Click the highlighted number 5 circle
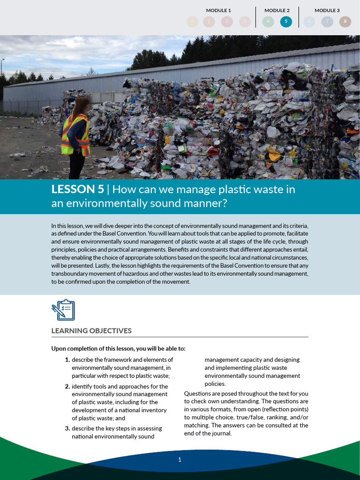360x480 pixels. tap(286, 22)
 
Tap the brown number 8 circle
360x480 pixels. tap(345, 22)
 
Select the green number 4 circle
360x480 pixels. tap(268, 22)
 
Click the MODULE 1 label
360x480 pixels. tap(218, 10)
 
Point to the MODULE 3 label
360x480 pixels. tap(327, 10)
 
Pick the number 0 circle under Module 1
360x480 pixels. tap(192, 22)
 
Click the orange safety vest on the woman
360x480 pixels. tap(75, 135)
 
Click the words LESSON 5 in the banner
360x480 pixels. tap(77, 189)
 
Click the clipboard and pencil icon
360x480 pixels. tap(63, 310)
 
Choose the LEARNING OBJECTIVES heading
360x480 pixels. tap(91, 331)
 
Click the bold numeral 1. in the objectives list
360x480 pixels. tap(67, 360)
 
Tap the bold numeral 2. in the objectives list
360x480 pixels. tap(67, 387)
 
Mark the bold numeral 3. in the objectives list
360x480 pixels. tap(67, 428)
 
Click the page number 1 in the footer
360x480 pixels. tap(180, 460)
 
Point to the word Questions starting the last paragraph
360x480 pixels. tap(197, 394)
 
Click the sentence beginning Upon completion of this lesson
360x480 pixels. tap(118, 348)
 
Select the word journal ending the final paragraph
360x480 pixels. tap(222, 434)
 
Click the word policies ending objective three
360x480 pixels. tap(215, 384)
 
